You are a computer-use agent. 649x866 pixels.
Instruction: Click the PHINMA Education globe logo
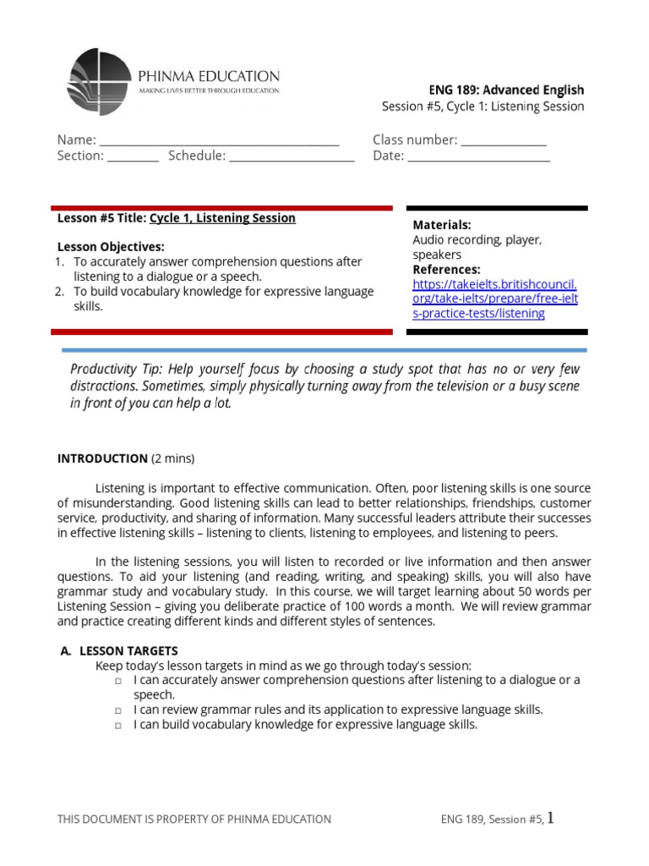[x=100, y=82]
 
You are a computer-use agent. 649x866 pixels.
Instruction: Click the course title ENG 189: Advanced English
[x=507, y=90]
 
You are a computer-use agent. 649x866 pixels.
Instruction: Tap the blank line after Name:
[x=219, y=140]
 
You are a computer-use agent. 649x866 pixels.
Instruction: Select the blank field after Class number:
[x=504, y=140]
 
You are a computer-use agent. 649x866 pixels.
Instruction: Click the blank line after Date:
[x=479, y=156]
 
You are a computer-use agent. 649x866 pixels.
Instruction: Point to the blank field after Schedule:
[x=292, y=156]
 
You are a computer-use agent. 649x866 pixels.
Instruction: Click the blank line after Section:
[x=133, y=156]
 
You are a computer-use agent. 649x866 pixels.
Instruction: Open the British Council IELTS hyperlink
[x=494, y=299]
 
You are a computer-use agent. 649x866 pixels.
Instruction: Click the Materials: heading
[x=441, y=225]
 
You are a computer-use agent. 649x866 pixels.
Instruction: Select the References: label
[x=446, y=269]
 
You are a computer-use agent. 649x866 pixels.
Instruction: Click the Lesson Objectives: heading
[x=111, y=247]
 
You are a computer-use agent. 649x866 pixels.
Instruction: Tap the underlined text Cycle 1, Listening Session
[x=222, y=218]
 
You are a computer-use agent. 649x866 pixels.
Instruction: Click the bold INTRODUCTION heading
[x=102, y=458]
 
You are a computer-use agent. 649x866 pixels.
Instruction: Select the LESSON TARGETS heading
[x=128, y=650]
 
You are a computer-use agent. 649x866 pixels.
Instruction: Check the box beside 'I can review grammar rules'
[x=119, y=710]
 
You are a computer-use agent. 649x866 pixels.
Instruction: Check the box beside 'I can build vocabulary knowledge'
[x=119, y=726]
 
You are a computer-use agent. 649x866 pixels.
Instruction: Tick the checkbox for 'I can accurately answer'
[x=119, y=681]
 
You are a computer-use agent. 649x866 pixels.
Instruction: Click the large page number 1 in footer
[x=551, y=817]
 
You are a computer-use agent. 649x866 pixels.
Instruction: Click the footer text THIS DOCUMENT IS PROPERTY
[x=194, y=819]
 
